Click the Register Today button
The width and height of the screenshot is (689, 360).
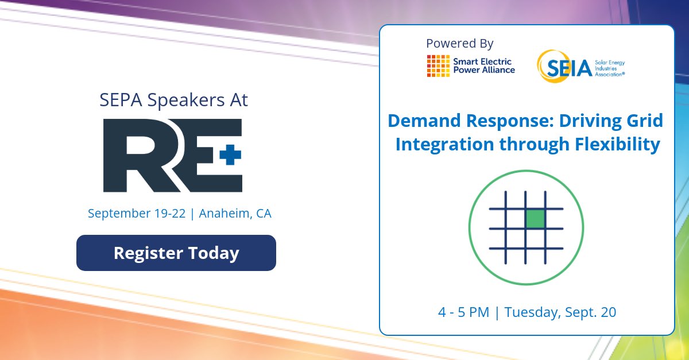(x=176, y=253)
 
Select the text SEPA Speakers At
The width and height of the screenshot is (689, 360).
(x=174, y=100)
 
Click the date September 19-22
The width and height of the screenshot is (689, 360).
(x=137, y=214)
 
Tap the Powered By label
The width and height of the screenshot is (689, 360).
(x=459, y=43)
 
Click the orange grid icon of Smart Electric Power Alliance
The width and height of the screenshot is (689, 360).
(x=438, y=65)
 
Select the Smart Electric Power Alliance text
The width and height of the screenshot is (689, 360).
(x=484, y=65)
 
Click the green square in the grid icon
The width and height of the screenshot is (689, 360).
(x=535, y=219)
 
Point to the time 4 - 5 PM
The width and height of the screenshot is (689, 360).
(x=463, y=313)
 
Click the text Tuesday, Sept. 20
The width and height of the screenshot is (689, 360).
(x=559, y=313)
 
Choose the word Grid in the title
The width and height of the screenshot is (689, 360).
(x=644, y=121)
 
